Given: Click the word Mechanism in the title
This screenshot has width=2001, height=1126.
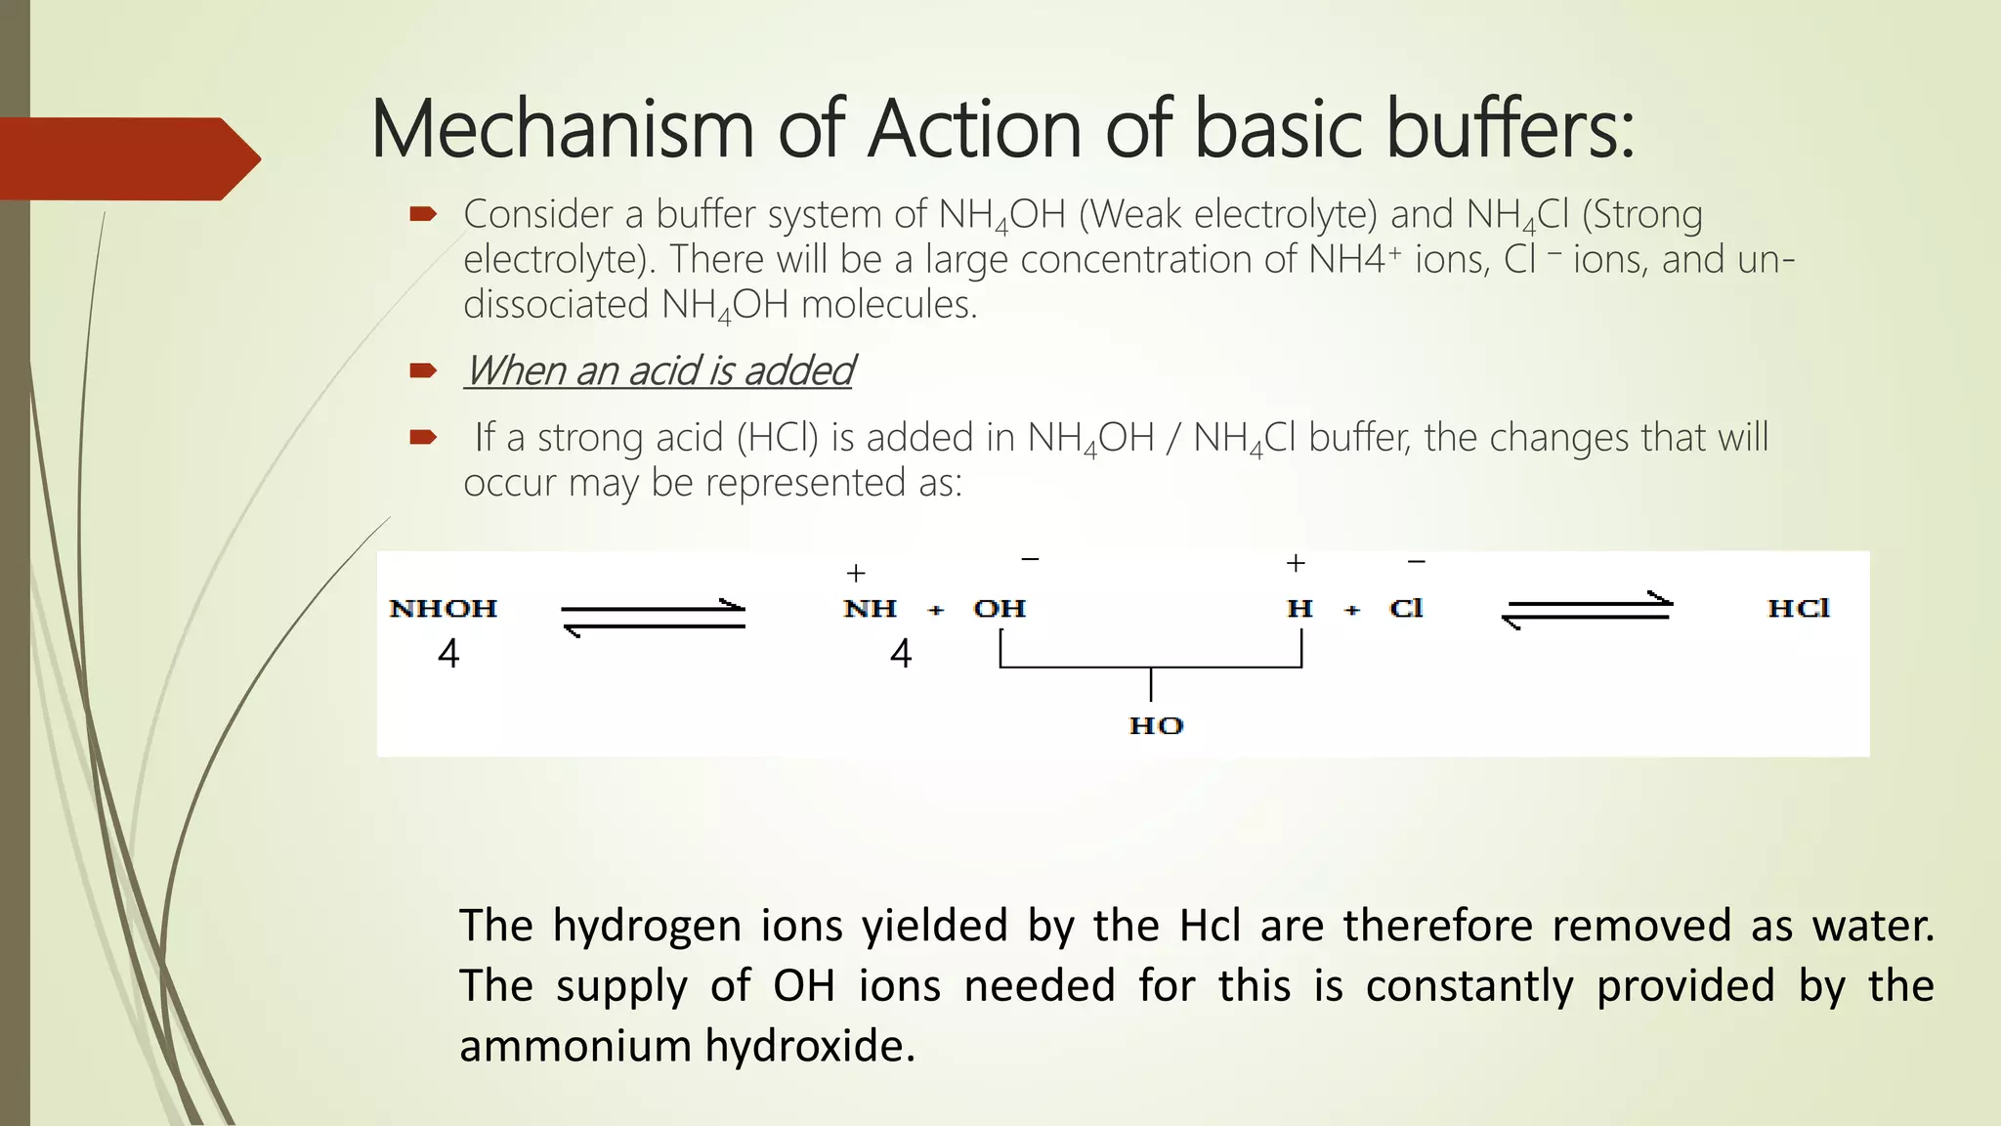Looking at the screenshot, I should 562,130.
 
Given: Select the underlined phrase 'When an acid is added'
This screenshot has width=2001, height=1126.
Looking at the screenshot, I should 659,371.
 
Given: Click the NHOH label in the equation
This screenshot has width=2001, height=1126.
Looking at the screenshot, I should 444,609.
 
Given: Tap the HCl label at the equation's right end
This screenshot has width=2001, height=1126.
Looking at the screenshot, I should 1799,608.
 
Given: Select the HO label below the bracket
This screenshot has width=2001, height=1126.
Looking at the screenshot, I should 1156,725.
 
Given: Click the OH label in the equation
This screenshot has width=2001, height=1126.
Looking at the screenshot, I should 1000,609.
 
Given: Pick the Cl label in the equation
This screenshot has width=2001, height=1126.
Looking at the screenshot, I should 1406,609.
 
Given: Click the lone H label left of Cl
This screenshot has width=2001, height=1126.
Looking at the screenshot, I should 1299,609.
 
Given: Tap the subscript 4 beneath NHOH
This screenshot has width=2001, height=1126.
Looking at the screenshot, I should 448,654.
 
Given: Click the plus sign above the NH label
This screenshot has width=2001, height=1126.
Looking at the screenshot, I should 856,573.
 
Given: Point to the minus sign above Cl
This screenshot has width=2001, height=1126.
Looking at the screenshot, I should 1416,562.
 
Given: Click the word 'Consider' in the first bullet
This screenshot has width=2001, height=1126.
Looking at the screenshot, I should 524,214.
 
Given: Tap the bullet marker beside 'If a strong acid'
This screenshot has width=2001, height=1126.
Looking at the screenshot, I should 422,437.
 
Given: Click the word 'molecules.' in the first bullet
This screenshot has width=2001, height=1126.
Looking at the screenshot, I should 888,305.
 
